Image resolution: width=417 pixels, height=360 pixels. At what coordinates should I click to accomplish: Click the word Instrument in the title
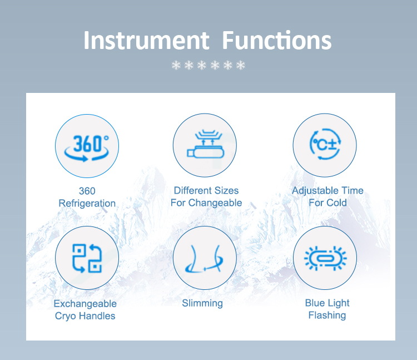pyautogui.click(x=146, y=40)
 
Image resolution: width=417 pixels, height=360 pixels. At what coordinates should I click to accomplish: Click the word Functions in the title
pyautogui.click(x=276, y=40)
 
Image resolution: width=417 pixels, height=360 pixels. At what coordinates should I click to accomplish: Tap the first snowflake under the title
pyautogui.click(x=176, y=65)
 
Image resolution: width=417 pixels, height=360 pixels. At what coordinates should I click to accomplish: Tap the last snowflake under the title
pyautogui.click(x=241, y=65)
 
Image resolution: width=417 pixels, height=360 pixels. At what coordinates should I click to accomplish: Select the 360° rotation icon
pyautogui.click(x=87, y=148)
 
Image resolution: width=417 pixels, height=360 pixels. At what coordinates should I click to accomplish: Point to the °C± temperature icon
pyautogui.click(x=325, y=144)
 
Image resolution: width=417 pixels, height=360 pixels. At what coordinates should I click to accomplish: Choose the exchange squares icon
pyautogui.click(x=87, y=258)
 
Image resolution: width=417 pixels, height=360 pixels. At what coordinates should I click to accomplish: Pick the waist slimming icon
pyautogui.click(x=204, y=259)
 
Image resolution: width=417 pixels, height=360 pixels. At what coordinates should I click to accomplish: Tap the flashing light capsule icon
pyautogui.click(x=325, y=258)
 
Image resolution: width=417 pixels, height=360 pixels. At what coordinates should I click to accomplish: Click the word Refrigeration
pyautogui.click(x=87, y=203)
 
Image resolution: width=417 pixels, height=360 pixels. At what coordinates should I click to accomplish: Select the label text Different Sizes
pyautogui.click(x=206, y=190)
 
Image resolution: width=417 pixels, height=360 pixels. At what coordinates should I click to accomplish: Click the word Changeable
pyautogui.click(x=215, y=203)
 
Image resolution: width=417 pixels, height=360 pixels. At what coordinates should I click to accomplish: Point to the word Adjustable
pyautogui.click(x=315, y=191)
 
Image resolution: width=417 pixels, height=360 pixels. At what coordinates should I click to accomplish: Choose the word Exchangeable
pyautogui.click(x=85, y=304)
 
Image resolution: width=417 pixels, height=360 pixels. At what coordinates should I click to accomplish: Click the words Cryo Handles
pyautogui.click(x=85, y=316)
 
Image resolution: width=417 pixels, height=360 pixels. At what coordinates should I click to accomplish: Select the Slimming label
pyautogui.click(x=202, y=303)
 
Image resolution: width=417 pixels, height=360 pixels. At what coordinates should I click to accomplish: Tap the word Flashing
pyautogui.click(x=327, y=315)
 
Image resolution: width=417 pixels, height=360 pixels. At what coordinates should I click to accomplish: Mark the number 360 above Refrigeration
pyautogui.click(x=87, y=191)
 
